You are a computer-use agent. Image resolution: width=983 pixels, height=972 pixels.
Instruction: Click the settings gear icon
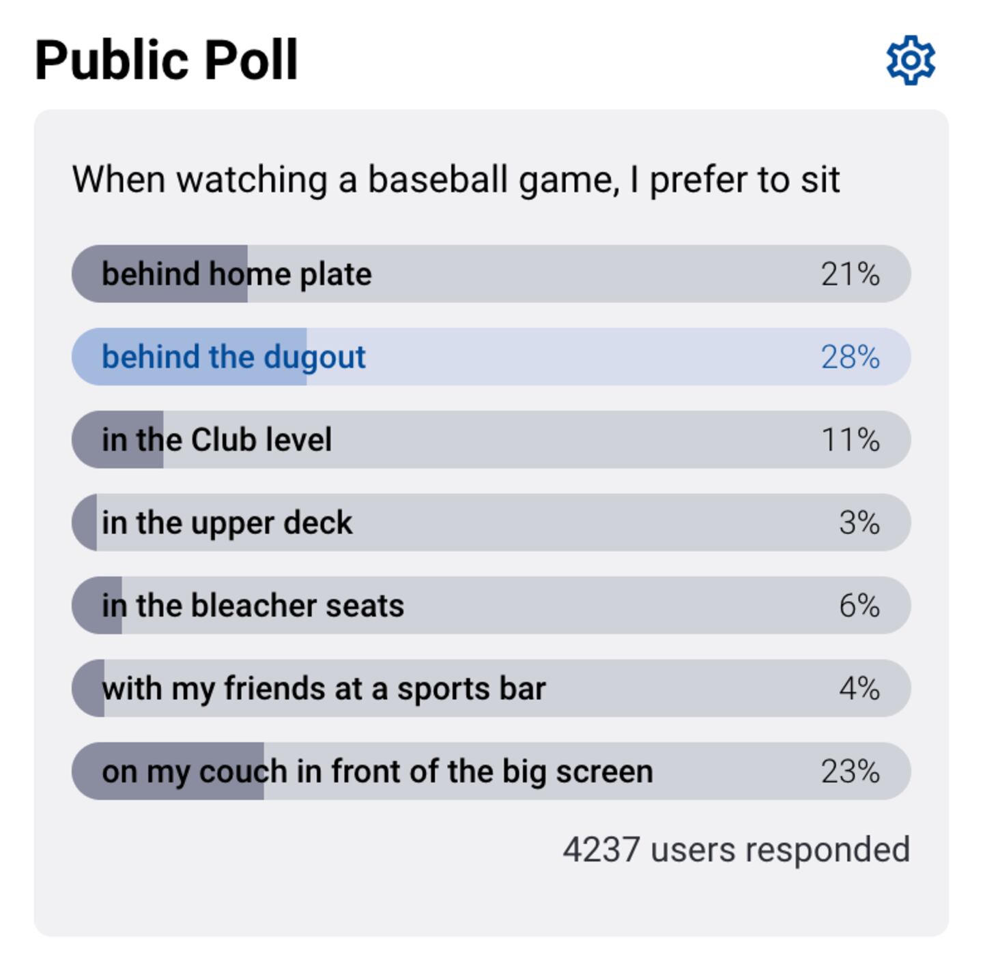tap(911, 60)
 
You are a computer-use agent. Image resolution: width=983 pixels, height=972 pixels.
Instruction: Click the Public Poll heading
tap(166, 60)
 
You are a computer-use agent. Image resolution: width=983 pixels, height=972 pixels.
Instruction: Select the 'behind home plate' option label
tap(236, 274)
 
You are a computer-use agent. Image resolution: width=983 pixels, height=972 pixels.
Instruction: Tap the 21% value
tap(850, 274)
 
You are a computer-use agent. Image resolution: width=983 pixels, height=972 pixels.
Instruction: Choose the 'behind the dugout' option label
tap(233, 357)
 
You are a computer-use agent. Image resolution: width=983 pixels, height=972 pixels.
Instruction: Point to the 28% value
tap(850, 357)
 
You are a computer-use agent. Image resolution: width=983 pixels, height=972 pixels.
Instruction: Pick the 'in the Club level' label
tap(216, 440)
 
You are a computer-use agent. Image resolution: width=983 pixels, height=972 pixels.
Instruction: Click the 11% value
tap(850, 440)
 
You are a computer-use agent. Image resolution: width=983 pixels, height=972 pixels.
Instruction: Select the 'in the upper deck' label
tap(227, 522)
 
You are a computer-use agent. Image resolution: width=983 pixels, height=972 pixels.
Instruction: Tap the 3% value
tap(859, 522)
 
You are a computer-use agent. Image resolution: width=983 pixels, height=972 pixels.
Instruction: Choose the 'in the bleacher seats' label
tap(253, 606)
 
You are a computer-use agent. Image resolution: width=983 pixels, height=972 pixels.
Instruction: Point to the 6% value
tap(859, 606)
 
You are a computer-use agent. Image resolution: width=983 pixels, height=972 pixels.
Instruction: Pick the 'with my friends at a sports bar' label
tap(324, 688)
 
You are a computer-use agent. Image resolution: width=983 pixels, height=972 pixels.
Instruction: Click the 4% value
tap(859, 688)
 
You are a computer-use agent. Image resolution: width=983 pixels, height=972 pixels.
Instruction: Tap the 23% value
tap(850, 771)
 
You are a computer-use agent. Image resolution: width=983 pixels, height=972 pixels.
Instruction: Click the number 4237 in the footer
tap(601, 850)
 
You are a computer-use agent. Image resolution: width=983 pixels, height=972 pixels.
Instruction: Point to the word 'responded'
tap(827, 850)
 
